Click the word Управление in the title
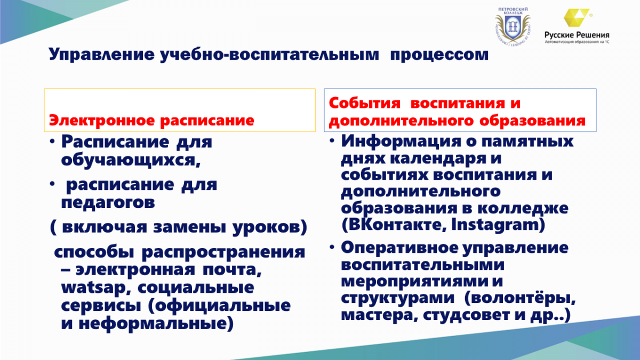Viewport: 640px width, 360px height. pos(102,54)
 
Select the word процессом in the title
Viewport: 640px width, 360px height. pos(439,54)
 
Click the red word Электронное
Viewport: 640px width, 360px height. pos(102,121)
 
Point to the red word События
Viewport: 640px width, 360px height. pos(365,103)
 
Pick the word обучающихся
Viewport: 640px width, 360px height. pos(131,160)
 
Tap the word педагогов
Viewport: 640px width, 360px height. pos(108,203)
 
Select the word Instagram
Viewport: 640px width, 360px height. pos(498,225)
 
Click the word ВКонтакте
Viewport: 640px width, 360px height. pos(394,225)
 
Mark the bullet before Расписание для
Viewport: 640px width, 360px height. pos(52,141)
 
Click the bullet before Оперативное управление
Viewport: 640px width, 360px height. pos(332,247)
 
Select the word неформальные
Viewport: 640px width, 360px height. pos(156,324)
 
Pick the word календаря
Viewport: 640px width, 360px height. pos(438,158)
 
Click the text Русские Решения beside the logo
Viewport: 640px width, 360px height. pos(577,35)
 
